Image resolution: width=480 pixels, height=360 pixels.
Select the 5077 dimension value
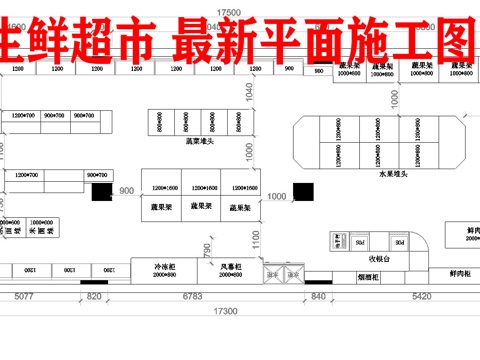point(24,297)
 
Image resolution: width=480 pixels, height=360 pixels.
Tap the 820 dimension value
point(94,297)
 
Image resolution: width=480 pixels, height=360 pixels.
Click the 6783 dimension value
point(193,297)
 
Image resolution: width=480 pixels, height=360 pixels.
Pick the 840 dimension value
point(319,297)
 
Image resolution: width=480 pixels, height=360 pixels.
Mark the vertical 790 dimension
point(207,250)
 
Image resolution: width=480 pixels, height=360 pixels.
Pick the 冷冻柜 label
point(165,267)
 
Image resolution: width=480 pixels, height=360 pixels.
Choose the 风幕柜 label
point(232,267)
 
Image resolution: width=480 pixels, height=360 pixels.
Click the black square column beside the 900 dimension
point(100,192)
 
